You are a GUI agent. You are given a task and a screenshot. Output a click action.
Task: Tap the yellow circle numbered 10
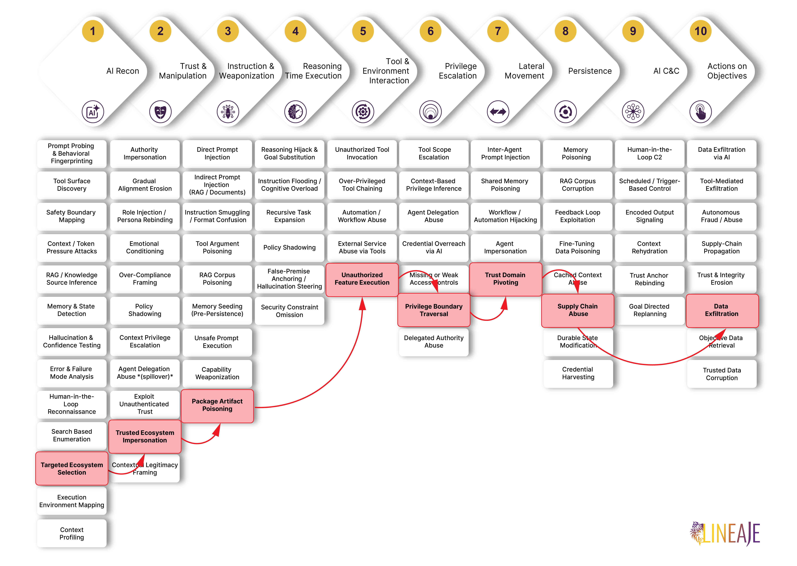coord(700,31)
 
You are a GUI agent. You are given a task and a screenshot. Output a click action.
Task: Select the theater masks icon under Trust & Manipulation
coord(160,111)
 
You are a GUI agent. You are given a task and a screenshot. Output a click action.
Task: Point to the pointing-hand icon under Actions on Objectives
coord(700,111)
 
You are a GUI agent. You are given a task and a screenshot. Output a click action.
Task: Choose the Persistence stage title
coord(590,71)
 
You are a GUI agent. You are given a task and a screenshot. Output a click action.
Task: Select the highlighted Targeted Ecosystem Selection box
coord(72,468)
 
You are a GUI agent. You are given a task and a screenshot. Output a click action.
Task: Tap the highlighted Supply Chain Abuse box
coord(578,310)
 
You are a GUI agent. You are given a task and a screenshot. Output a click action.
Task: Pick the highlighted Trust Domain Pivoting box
coord(505,279)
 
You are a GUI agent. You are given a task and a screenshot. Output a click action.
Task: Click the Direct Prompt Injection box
coord(217,153)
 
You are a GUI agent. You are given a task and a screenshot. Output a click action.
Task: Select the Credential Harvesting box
coord(578,373)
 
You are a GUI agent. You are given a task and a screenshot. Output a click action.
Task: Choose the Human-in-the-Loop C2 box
coord(649,153)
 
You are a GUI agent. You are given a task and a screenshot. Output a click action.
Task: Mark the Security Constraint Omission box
coord(290,311)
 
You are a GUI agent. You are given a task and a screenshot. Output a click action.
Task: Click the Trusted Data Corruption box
coord(722,374)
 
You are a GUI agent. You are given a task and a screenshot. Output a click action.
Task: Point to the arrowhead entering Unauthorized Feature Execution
coord(363,303)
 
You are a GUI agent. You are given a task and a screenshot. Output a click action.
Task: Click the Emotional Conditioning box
coord(145,247)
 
